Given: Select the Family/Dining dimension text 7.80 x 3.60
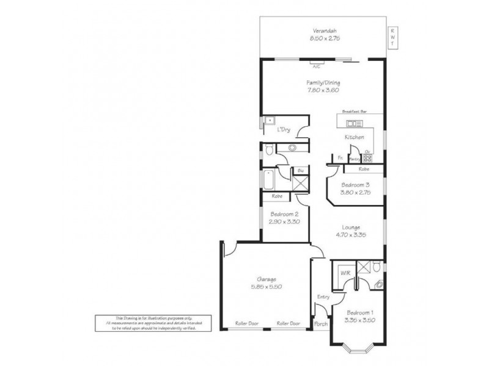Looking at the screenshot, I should [x=323, y=90].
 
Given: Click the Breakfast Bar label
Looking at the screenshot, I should [x=355, y=112].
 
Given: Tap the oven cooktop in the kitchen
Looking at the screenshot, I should [x=368, y=159].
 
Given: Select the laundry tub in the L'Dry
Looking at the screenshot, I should [x=268, y=120].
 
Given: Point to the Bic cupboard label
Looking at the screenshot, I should [x=301, y=171].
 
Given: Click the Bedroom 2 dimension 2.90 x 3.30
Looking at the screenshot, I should [x=283, y=222].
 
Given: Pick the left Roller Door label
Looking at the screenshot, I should [x=247, y=323].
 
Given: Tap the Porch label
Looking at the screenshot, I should [x=321, y=324].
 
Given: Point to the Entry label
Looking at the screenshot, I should [x=323, y=297].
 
